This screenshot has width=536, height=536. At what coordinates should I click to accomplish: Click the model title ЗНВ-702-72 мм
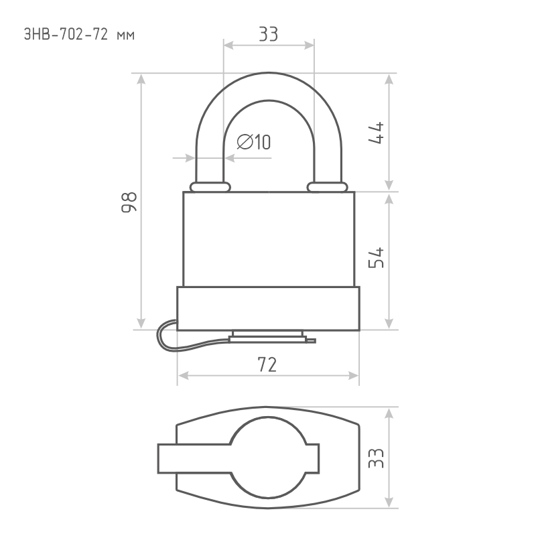(79, 35)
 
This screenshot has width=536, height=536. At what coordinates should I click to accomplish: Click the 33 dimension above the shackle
(269, 34)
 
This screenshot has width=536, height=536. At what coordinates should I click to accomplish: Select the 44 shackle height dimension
(376, 133)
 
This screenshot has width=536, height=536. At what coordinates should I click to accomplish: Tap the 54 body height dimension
(376, 258)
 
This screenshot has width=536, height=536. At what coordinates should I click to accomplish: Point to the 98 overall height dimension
(129, 202)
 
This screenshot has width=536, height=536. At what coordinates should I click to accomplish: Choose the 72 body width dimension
(267, 364)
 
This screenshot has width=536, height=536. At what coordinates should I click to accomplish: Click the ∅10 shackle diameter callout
(254, 142)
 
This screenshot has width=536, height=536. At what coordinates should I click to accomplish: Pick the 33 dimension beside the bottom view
(376, 458)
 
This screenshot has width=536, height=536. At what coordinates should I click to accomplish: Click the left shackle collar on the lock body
(210, 187)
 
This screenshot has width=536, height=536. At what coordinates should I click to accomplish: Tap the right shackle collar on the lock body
(327, 187)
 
